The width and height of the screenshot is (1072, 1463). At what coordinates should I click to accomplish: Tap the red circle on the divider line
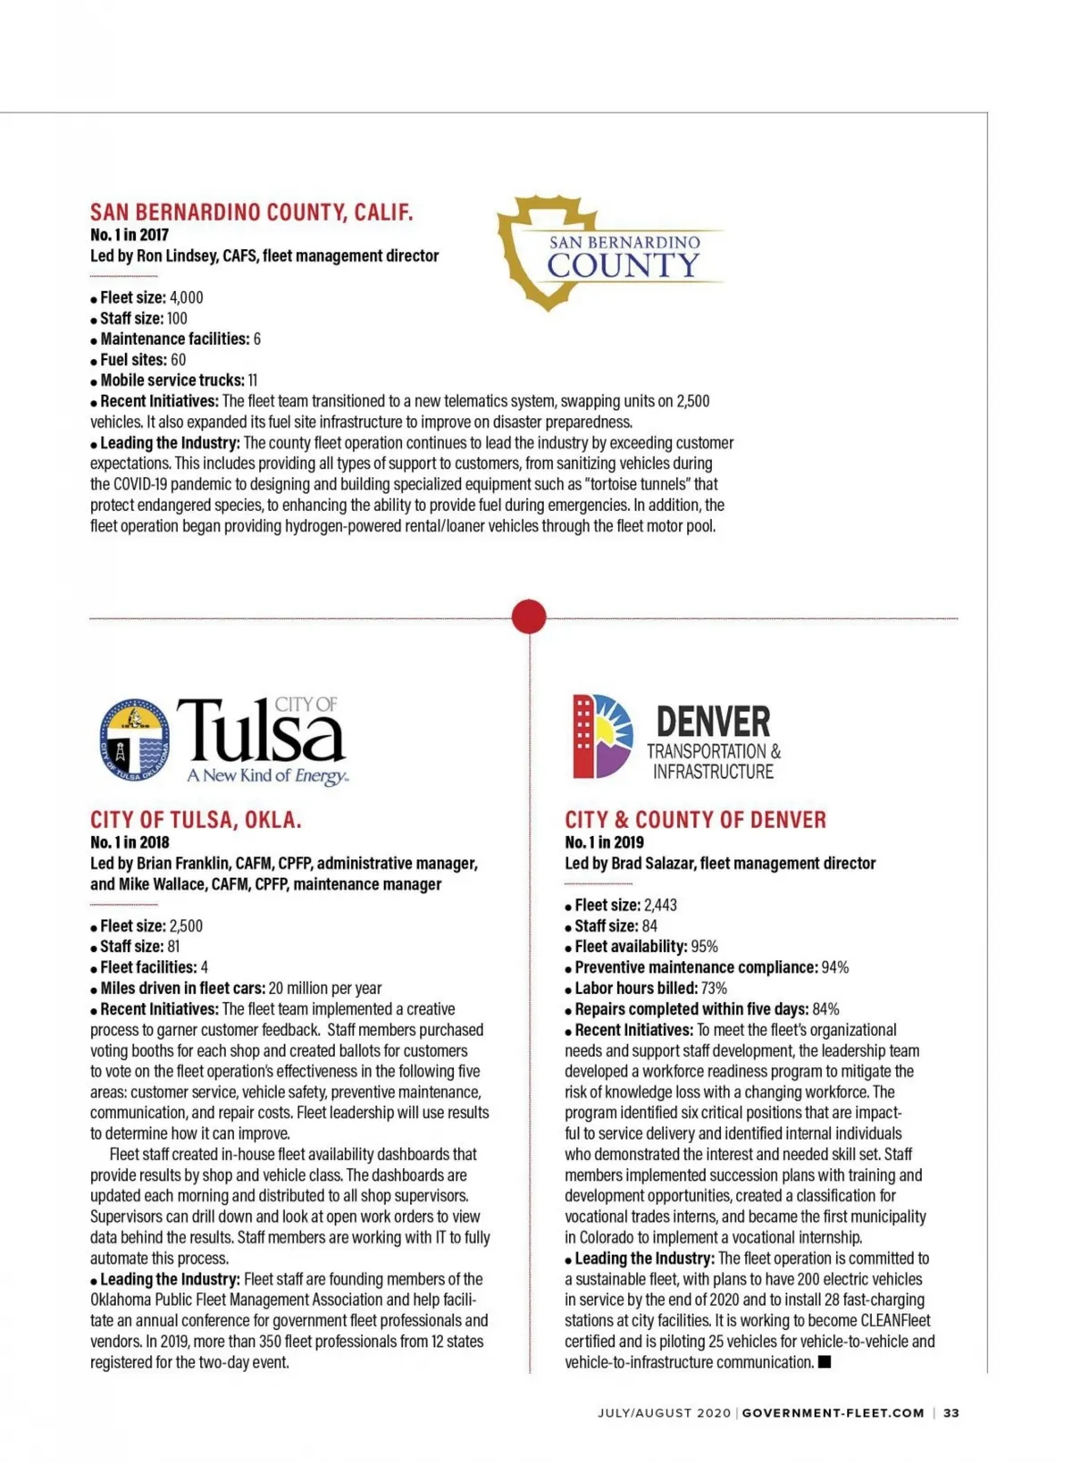(x=529, y=616)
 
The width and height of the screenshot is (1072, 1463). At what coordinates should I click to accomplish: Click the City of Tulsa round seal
(x=134, y=740)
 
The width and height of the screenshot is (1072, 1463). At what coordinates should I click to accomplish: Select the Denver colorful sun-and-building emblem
(x=602, y=736)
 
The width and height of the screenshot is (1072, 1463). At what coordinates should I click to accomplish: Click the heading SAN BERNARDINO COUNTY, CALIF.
(x=251, y=213)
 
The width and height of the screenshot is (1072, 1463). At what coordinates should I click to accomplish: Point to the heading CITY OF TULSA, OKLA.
(x=196, y=819)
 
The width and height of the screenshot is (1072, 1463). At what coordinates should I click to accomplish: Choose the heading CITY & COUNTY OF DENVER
(x=695, y=819)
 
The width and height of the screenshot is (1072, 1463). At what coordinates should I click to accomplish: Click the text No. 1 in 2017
(x=129, y=235)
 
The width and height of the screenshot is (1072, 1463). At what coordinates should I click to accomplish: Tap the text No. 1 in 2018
(x=130, y=842)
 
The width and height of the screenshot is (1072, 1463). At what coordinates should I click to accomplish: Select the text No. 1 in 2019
(x=604, y=842)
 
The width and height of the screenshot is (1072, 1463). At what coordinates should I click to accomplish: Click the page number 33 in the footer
(x=951, y=1413)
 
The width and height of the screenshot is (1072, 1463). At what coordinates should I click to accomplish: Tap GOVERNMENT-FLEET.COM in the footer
(x=833, y=1413)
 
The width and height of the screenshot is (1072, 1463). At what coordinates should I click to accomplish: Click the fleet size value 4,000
(x=186, y=297)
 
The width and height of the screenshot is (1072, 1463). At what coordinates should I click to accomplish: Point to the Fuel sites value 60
(x=178, y=360)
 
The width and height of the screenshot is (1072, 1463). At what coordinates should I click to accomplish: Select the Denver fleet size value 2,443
(x=660, y=905)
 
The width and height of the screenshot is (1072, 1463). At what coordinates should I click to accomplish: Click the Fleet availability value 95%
(x=704, y=947)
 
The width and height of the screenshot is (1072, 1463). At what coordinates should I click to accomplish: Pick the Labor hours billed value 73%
(x=714, y=988)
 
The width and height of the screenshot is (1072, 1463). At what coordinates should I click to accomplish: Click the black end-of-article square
(x=824, y=1361)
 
